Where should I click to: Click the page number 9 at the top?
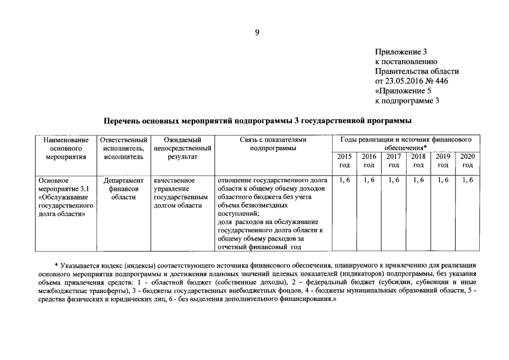click(256, 33)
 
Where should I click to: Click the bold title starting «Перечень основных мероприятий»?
click(258, 121)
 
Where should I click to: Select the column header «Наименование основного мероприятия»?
click(65, 148)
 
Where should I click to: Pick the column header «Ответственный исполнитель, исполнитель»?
click(123, 148)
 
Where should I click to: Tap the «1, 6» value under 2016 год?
click(369, 180)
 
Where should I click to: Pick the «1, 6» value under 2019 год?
click(443, 180)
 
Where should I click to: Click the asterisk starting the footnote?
click(57, 265)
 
